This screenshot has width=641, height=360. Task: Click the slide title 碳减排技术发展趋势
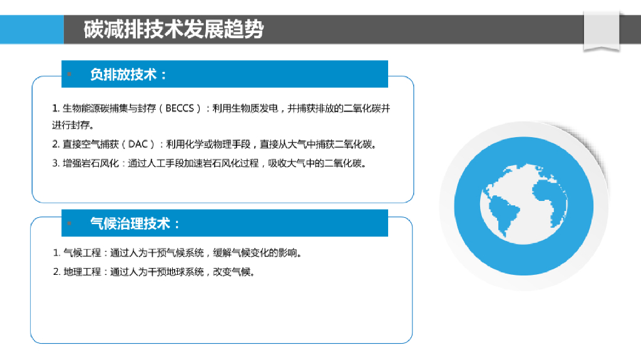click(173, 29)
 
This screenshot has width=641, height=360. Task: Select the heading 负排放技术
click(128, 75)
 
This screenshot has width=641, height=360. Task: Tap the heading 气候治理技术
click(135, 224)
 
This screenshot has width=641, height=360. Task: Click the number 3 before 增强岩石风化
click(55, 164)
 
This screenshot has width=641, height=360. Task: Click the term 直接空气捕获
click(88, 145)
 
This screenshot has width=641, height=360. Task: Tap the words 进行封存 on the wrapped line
click(70, 125)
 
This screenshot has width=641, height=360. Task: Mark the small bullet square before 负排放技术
click(70, 75)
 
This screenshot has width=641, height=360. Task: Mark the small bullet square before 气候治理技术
click(70, 224)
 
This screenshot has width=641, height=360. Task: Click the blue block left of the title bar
click(31, 29)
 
